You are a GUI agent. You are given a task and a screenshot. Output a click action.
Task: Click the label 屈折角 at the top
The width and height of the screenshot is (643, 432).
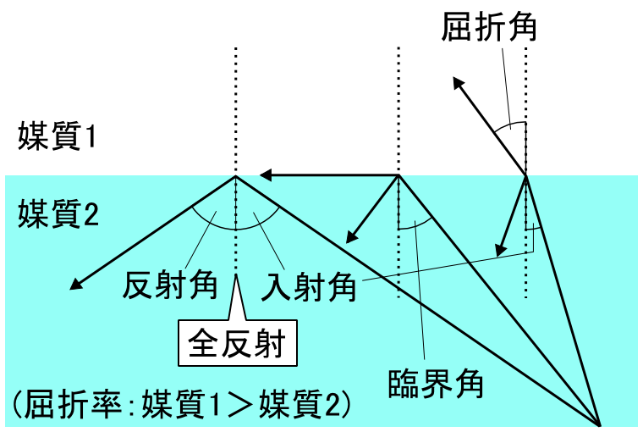[489, 27]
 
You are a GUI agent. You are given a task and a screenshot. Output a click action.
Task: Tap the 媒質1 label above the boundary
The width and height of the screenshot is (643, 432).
[57, 136]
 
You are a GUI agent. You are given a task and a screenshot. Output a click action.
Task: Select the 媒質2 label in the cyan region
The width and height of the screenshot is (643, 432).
[58, 213]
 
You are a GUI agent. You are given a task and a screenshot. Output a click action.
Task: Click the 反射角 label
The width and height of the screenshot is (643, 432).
[170, 285]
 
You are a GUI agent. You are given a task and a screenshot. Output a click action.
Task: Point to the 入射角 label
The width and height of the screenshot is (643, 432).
[309, 287]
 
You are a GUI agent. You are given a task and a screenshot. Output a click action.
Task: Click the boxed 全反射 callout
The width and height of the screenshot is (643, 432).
[238, 343]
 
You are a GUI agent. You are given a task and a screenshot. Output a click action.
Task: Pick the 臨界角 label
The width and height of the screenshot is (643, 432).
[436, 384]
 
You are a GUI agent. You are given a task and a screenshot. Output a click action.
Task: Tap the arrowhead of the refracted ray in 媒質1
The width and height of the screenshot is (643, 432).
[459, 83]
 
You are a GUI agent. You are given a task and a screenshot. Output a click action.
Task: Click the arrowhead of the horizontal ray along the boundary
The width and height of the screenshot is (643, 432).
[266, 175]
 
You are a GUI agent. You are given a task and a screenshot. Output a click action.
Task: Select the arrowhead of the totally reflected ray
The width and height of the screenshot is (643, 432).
[76, 284]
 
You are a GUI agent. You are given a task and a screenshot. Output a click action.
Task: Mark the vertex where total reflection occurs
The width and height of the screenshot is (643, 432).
[236, 175]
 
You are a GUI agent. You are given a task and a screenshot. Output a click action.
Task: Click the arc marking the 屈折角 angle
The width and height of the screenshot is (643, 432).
[508, 125]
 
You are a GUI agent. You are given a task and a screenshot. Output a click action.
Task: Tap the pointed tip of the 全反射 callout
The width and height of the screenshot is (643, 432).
[236, 274]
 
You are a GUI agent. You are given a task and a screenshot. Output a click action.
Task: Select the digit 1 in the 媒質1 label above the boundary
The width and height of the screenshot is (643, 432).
[91, 136]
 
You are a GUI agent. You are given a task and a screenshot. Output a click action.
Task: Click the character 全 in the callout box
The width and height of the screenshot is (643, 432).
[204, 343]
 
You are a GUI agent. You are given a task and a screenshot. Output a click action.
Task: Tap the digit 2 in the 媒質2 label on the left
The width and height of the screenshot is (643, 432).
[92, 213]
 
